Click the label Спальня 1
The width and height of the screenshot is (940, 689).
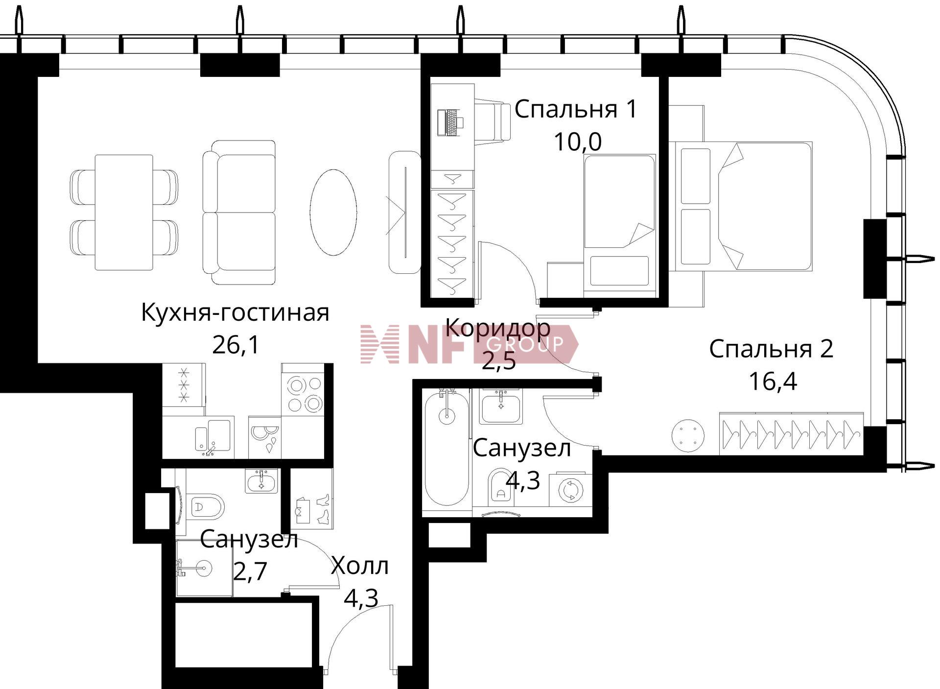pos(576,109)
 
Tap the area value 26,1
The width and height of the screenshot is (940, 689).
pos(235,345)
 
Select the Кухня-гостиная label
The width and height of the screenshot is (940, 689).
pos(235,312)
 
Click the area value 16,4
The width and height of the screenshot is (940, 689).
pos(773,381)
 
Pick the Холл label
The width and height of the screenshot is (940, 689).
pos(360,566)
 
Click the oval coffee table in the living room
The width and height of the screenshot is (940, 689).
pos(333,212)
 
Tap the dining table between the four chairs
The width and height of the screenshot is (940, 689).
pos(124,213)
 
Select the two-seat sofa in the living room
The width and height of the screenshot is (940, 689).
pos(239,213)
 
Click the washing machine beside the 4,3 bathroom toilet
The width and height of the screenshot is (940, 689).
pos(570,490)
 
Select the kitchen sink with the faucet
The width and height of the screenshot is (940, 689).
pos(213,435)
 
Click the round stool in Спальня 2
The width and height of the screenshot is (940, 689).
pos(688,435)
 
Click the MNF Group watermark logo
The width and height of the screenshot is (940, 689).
pos(469,344)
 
